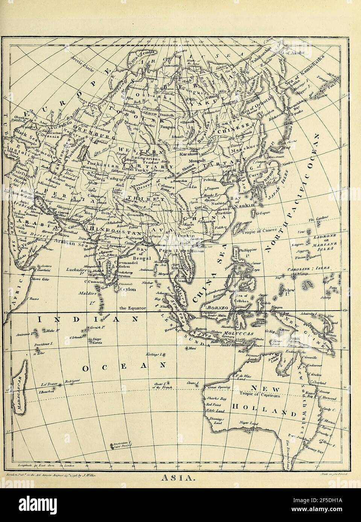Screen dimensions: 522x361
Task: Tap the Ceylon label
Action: [128, 290]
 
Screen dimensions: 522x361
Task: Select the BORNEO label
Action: [214, 306]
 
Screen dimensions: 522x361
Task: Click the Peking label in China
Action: [210, 180]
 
